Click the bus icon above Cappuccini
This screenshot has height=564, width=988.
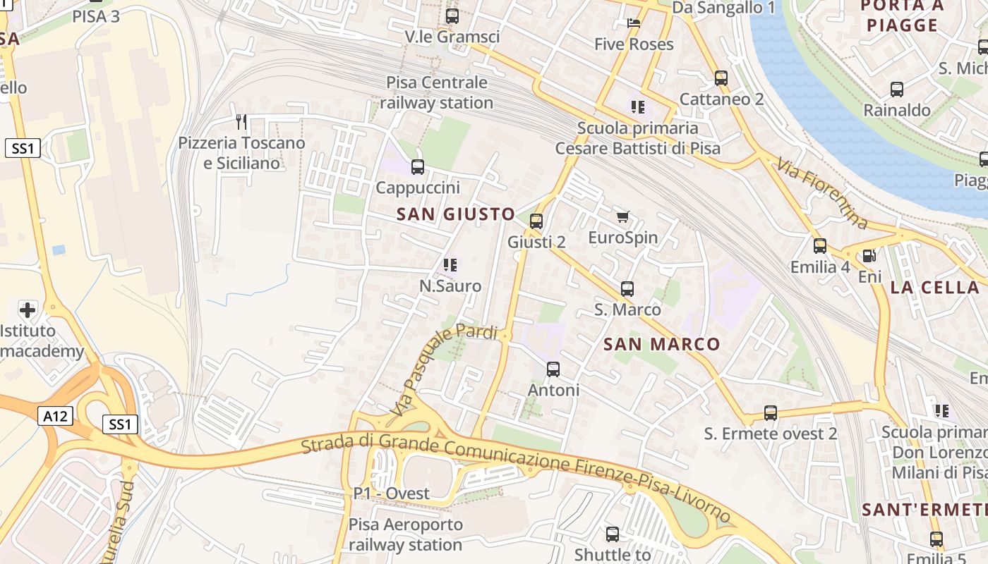tap(418, 167)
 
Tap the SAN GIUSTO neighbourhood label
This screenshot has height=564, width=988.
tap(456, 214)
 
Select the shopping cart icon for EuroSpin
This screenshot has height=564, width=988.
tap(622, 216)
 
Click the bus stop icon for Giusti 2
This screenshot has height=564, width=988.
tap(536, 221)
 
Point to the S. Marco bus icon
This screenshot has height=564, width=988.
tap(627, 288)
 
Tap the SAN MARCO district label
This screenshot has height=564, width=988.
tap(662, 345)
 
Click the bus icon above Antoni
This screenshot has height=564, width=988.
tap(553, 369)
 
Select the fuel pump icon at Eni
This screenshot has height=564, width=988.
tap(869, 257)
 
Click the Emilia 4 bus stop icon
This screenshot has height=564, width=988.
tap(820, 246)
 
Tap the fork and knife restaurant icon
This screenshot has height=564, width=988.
tap(241, 122)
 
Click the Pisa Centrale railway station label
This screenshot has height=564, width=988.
tap(437, 92)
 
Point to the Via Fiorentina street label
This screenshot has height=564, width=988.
tap(822, 193)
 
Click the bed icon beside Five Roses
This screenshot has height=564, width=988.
tap(634, 23)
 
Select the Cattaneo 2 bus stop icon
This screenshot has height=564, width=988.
tap(721, 78)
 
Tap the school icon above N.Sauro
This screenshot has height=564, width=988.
tap(450, 265)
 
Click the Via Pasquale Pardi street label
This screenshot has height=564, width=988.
tap(443, 369)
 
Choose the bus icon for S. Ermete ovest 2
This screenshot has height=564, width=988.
tap(771, 413)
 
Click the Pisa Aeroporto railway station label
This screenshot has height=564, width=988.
tap(406, 535)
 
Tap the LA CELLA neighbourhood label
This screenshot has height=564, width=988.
tap(934, 288)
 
